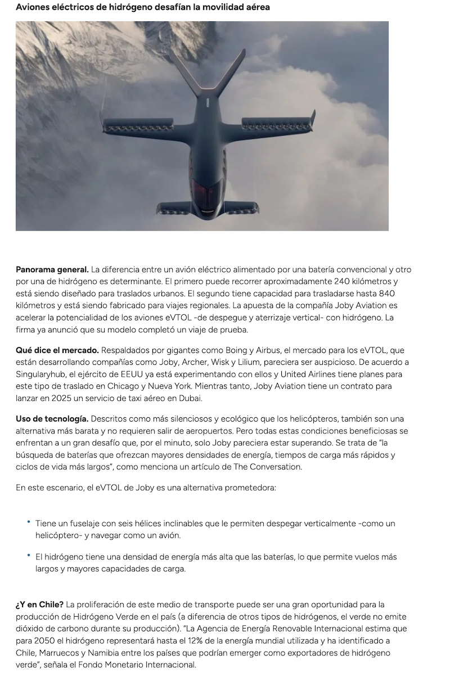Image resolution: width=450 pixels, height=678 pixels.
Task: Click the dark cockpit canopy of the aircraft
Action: [x=201, y=192]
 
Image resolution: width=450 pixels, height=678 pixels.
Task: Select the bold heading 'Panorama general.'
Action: [x=52, y=270]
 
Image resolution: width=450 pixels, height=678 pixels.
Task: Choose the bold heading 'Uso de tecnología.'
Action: [x=52, y=419]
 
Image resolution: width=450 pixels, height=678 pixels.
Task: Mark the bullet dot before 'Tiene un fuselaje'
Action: [x=28, y=522]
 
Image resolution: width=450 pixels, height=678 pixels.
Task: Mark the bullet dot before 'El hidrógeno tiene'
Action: [x=28, y=555]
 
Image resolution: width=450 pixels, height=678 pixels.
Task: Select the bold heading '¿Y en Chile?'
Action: [x=39, y=605]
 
